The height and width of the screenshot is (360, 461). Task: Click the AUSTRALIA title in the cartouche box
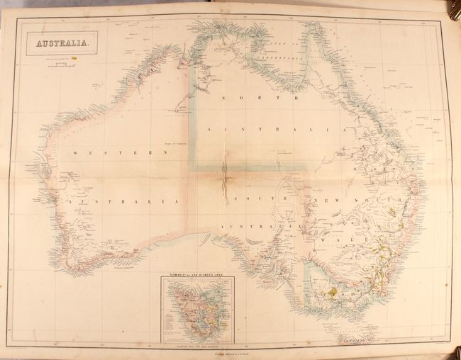tap(59, 44)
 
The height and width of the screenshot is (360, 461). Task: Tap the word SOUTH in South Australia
tap(251, 199)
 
